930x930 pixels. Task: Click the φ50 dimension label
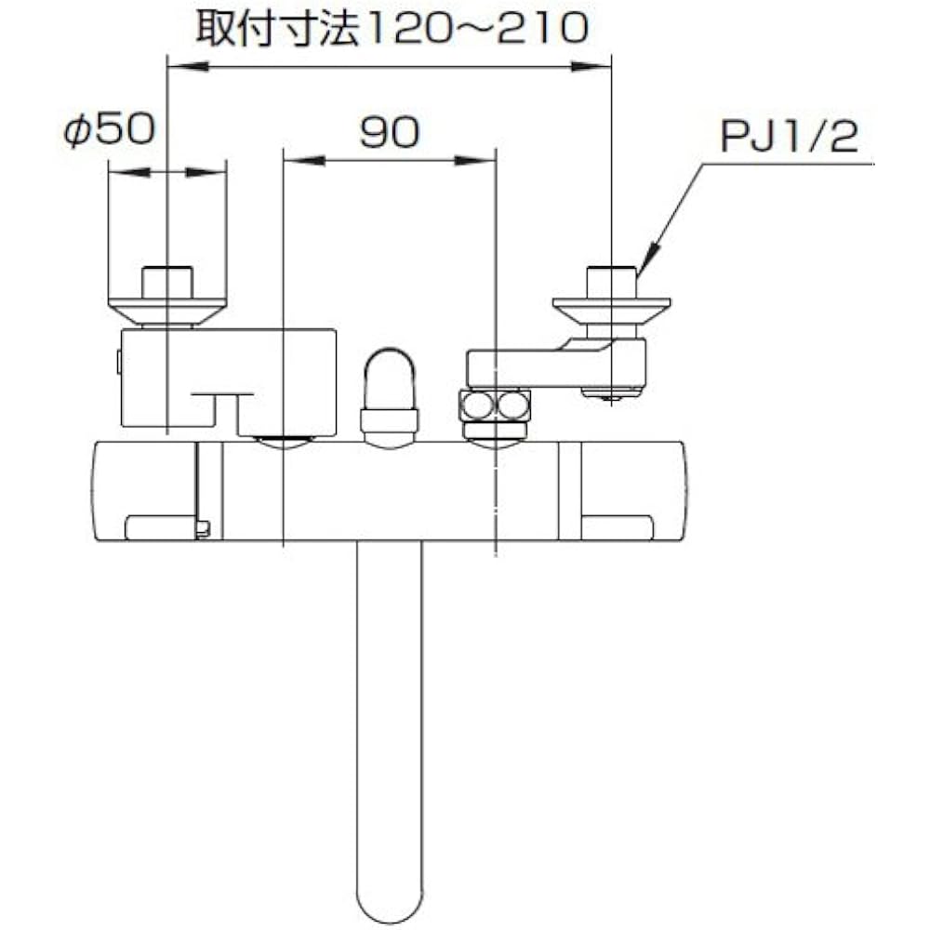110,129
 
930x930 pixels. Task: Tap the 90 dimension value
390,132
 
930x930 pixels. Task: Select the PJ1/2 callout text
790,137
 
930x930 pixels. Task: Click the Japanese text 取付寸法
277,28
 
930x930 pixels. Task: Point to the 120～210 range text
477,28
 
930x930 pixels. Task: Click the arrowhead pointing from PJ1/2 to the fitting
645,258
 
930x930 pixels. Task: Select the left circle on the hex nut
477,405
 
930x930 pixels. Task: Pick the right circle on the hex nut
511,405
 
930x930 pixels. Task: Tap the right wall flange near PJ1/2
612,311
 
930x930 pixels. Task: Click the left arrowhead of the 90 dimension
304,160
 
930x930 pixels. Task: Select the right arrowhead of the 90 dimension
475,160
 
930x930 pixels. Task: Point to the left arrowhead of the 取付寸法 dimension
189,66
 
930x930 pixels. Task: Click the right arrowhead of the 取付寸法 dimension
591,66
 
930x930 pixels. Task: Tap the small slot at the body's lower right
618,527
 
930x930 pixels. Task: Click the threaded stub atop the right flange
612,283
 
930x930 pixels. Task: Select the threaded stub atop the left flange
167,284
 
